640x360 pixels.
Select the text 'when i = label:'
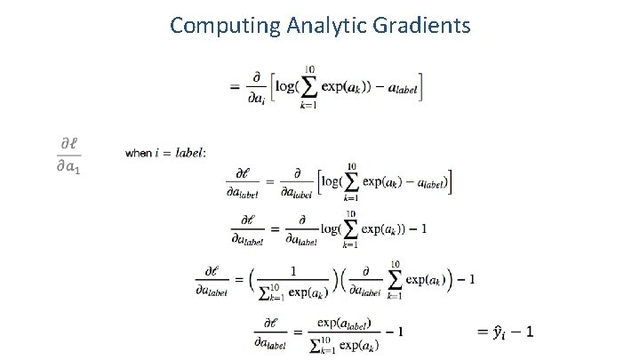166,154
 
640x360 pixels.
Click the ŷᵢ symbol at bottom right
500,332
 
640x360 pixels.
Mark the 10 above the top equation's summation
308,69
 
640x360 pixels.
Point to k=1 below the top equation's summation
308,106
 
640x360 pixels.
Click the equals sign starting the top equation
235,86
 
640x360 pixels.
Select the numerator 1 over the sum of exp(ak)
293,272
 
